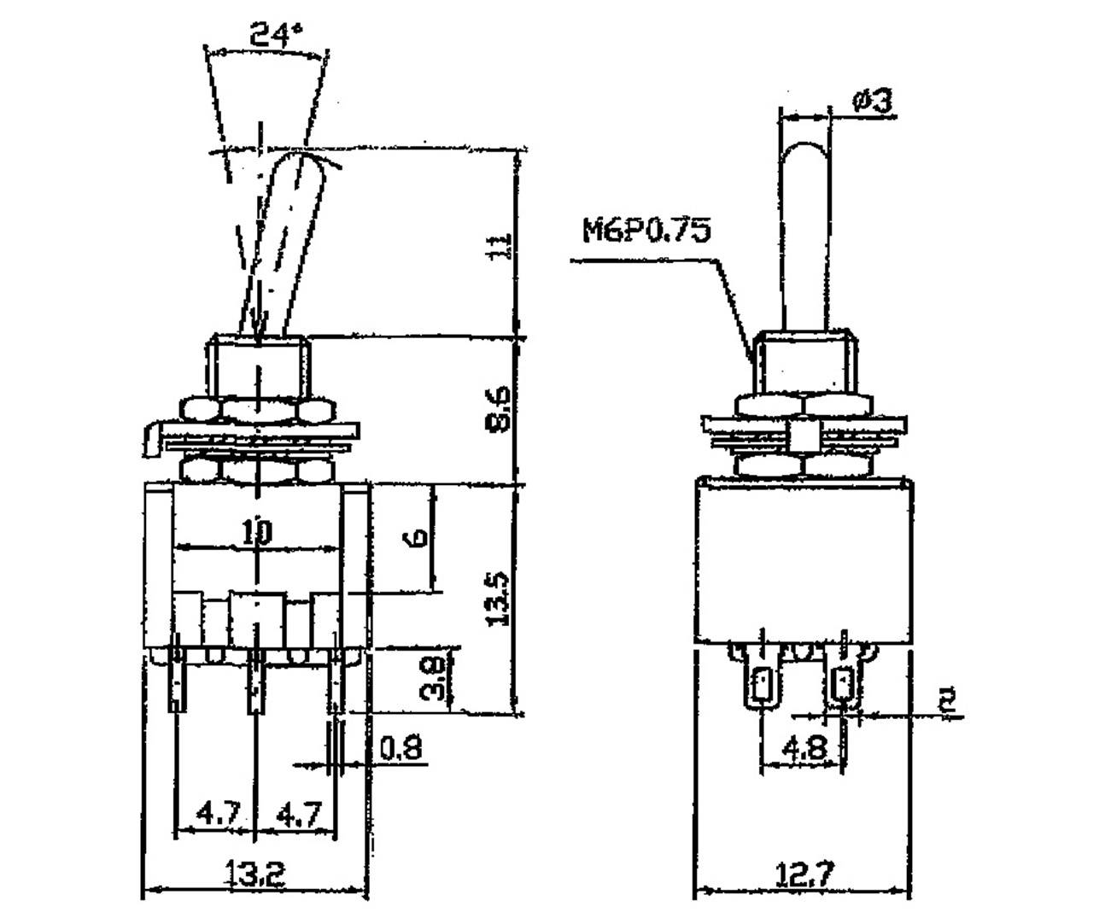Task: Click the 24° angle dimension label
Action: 276,35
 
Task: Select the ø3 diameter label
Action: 872,101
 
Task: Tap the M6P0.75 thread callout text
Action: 646,230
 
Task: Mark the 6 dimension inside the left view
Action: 418,537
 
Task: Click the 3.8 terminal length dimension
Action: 433,678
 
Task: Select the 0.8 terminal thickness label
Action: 400,749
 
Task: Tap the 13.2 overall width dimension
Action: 254,873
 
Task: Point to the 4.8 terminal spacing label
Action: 804,749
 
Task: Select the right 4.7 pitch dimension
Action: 298,813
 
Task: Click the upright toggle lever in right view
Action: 804,231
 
